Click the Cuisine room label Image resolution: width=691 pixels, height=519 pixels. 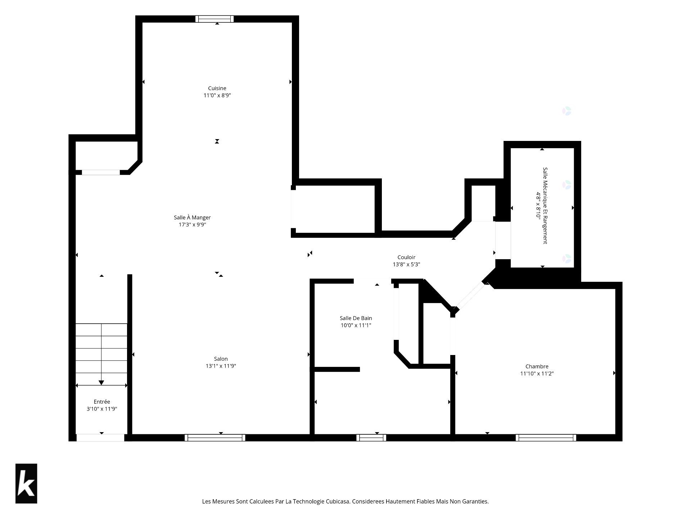pyautogui.click(x=217, y=88)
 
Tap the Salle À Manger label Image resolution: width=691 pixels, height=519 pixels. pyautogui.click(x=192, y=217)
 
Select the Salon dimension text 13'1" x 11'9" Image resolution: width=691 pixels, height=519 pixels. pyautogui.click(x=221, y=366)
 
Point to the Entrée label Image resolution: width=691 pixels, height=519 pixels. pyautogui.click(x=102, y=402)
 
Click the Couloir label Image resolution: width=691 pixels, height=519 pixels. pyautogui.click(x=406, y=257)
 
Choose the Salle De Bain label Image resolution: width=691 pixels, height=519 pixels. pyautogui.click(x=356, y=318)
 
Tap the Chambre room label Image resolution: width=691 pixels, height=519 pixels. pyautogui.click(x=537, y=367)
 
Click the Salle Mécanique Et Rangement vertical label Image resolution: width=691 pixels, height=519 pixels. pyautogui.click(x=545, y=205)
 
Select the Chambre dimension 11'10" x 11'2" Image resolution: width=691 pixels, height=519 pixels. pyautogui.click(x=537, y=373)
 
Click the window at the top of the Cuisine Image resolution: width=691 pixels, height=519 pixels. pyautogui.click(x=214, y=19)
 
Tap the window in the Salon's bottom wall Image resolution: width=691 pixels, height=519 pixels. pyautogui.click(x=215, y=438)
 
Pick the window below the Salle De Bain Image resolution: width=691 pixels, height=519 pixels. pyautogui.click(x=371, y=438)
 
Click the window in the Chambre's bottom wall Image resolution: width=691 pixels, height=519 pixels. pyautogui.click(x=546, y=438)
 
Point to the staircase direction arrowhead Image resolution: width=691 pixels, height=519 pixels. pyautogui.click(x=101, y=382)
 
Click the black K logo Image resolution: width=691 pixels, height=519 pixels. pyautogui.click(x=26, y=483)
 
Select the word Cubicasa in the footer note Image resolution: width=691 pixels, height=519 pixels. pyautogui.click(x=338, y=501)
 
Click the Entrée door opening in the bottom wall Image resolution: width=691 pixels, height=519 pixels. pyautogui.click(x=100, y=438)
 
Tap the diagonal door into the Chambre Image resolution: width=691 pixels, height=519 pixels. pyautogui.click(x=471, y=296)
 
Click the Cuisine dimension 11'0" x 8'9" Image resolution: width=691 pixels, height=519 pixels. pyautogui.click(x=217, y=96)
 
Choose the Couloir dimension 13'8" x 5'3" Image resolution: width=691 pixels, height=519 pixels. pyautogui.click(x=406, y=264)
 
